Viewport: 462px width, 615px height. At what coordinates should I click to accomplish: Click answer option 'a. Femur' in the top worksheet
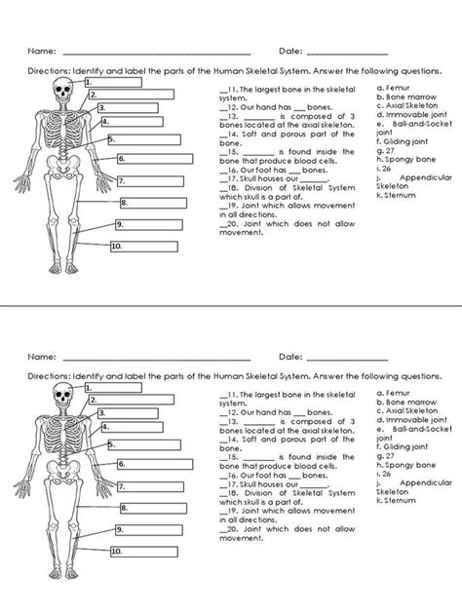395,88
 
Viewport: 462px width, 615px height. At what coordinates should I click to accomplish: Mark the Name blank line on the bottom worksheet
156,360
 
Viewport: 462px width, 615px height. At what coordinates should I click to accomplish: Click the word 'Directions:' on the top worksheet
48,71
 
